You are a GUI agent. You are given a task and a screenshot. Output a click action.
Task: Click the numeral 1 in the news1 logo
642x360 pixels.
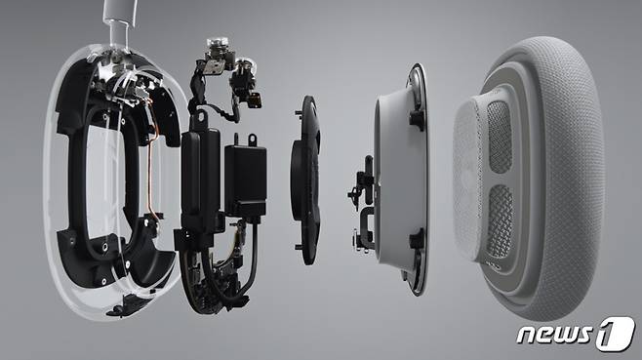[x=616, y=334]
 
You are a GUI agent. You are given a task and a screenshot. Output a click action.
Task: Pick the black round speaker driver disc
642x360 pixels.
[x=304, y=180]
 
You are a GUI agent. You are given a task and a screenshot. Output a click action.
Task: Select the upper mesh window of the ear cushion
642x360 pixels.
[x=500, y=138]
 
